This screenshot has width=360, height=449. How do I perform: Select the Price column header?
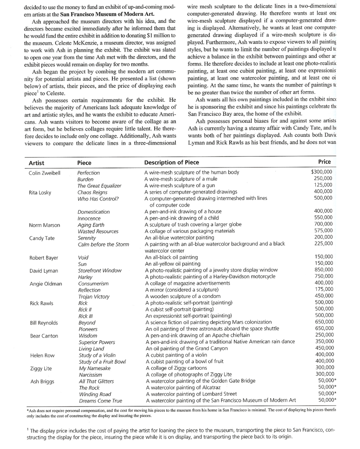(x=324, y=162)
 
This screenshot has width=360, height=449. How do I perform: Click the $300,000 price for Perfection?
(x=321, y=172)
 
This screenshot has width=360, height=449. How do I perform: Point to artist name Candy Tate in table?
(x=42, y=238)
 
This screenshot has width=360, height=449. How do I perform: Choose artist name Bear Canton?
(x=43, y=336)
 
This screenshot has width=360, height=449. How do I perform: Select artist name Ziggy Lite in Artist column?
(x=40, y=368)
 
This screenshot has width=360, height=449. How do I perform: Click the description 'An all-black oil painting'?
(x=171, y=257)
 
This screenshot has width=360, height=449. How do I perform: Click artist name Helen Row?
(x=42, y=355)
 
